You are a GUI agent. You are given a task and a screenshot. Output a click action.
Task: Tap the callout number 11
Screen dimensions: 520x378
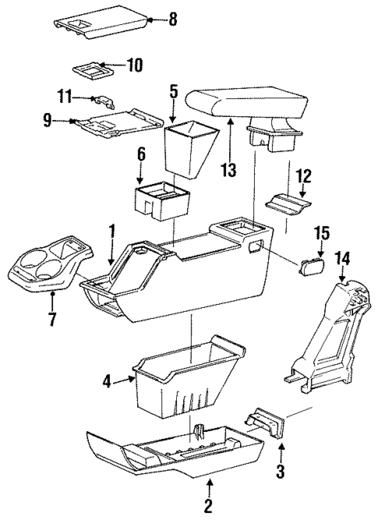(65, 97)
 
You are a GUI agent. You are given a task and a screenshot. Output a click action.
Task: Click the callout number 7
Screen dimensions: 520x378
(52, 320)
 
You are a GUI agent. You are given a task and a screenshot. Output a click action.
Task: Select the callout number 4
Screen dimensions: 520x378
(108, 381)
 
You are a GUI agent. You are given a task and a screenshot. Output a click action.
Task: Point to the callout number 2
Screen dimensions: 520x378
(207, 505)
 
